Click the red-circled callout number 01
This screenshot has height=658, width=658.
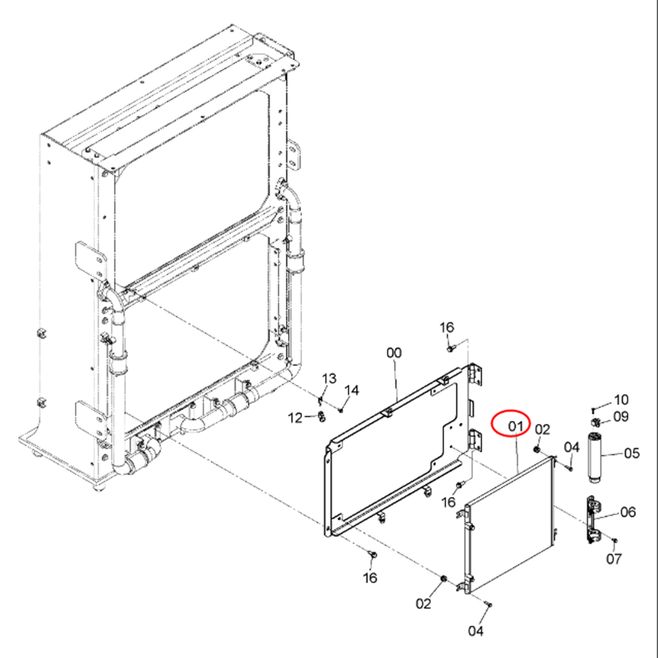pyautogui.click(x=516, y=426)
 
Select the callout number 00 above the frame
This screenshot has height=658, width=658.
pyautogui.click(x=394, y=353)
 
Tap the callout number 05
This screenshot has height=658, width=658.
pyautogui.click(x=632, y=453)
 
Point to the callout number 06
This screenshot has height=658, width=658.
pyautogui.click(x=628, y=512)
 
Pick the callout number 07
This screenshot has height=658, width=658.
pyautogui.click(x=614, y=558)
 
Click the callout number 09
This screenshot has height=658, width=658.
pyautogui.click(x=621, y=417)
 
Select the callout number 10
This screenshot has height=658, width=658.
pyautogui.click(x=621, y=399)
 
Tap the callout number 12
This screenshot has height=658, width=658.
pyautogui.click(x=295, y=418)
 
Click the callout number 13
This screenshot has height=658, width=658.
pyautogui.click(x=329, y=378)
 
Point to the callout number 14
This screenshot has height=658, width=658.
pyautogui.click(x=352, y=390)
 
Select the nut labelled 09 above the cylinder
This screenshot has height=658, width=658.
pyautogui.click(x=595, y=422)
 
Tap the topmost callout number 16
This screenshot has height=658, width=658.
pyautogui.click(x=447, y=327)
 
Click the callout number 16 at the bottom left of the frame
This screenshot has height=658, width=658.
pyautogui.click(x=370, y=578)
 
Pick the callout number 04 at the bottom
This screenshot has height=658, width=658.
pyautogui.click(x=476, y=630)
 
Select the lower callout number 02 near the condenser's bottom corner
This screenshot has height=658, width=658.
pyautogui.click(x=423, y=604)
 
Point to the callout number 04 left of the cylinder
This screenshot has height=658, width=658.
pyautogui.click(x=571, y=447)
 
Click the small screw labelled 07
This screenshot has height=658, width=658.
pyautogui.click(x=615, y=540)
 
